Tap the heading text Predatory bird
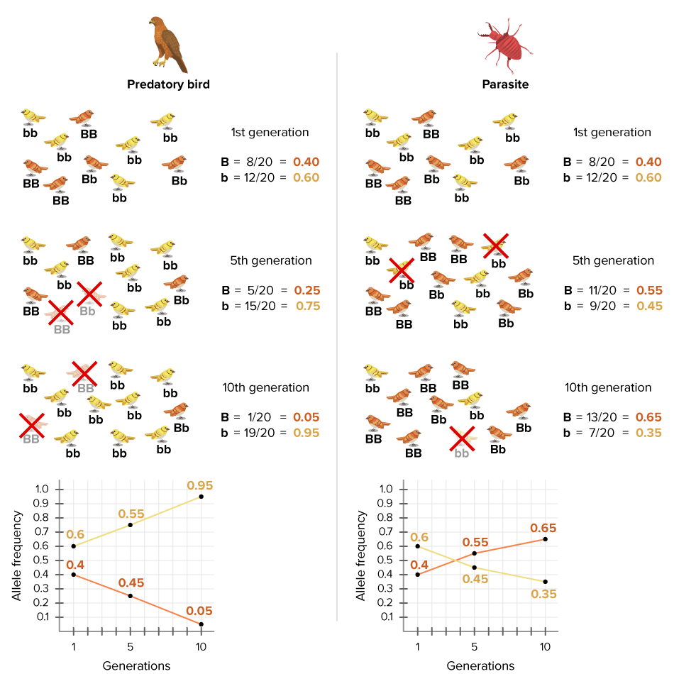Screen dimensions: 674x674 (168, 84)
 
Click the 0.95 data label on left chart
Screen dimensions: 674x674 (200, 485)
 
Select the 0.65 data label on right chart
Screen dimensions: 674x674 (543, 528)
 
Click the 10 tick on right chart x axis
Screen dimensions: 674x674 (544, 646)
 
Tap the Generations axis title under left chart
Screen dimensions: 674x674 (136, 665)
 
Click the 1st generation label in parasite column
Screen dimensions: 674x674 (612, 133)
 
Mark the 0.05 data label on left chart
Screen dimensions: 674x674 (200, 611)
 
